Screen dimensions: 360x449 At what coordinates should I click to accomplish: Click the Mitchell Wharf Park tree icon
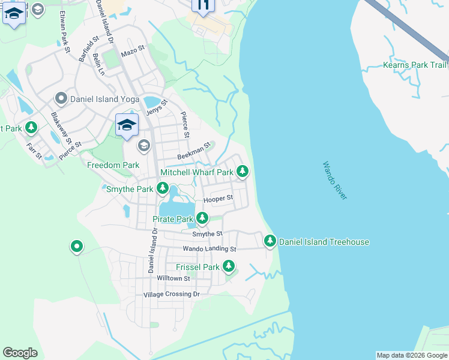point(242,172)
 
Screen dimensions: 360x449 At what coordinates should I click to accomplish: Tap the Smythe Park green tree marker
point(162,189)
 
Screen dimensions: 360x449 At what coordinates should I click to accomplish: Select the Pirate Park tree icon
point(203,218)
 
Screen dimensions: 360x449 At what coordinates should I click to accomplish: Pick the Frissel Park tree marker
point(228,266)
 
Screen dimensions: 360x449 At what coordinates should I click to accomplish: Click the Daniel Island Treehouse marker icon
point(270,241)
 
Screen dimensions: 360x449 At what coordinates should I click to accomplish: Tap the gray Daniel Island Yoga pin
point(61,98)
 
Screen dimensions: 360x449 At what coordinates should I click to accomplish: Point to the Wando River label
point(334,181)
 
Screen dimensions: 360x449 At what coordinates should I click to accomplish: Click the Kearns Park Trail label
point(415,65)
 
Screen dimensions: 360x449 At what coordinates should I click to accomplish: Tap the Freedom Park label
point(113,165)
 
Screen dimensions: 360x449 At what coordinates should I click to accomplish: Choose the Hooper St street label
point(218,199)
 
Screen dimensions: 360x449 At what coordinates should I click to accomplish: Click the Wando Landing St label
point(209,248)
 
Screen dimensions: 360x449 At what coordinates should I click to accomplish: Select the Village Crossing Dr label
point(171,295)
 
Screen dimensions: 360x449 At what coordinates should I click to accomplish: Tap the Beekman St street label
point(194,151)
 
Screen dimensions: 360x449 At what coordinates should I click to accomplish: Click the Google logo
point(20,353)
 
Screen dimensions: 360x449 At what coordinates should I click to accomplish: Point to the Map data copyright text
point(411,355)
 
